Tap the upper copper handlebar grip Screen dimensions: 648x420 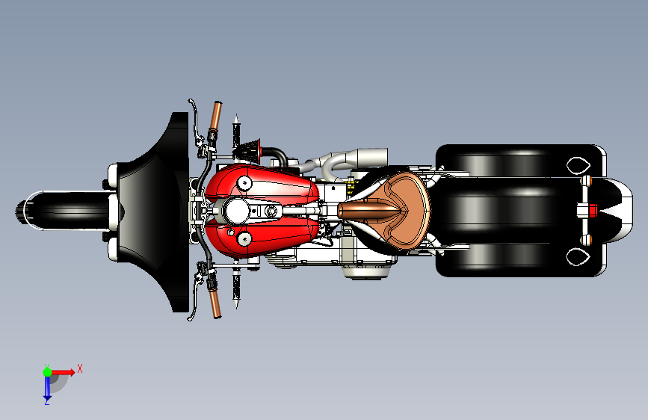click(x=216, y=115)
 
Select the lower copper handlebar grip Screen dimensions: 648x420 click(x=216, y=303)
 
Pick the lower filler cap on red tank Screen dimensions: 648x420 click(x=244, y=239)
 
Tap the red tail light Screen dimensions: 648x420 click(x=593, y=210)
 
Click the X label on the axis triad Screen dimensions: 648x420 click(x=80, y=368)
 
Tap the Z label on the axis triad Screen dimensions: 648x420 click(x=46, y=401)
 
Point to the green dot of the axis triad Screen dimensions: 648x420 click(x=47, y=371)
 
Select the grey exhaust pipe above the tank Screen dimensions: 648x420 click(x=351, y=158)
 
